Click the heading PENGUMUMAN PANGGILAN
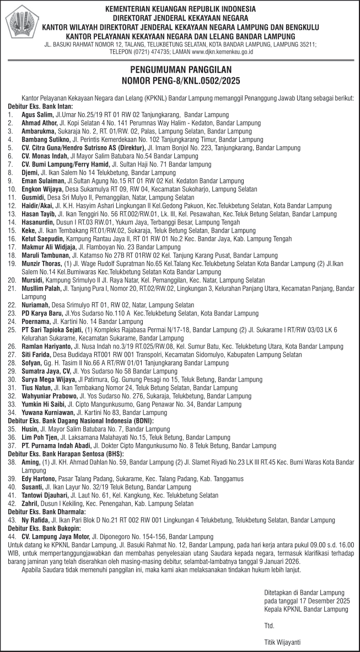(180, 70)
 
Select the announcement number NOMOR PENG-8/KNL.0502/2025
(180, 80)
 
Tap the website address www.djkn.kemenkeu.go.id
(222, 51)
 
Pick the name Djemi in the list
(30, 172)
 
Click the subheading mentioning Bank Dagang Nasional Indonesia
(80, 420)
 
